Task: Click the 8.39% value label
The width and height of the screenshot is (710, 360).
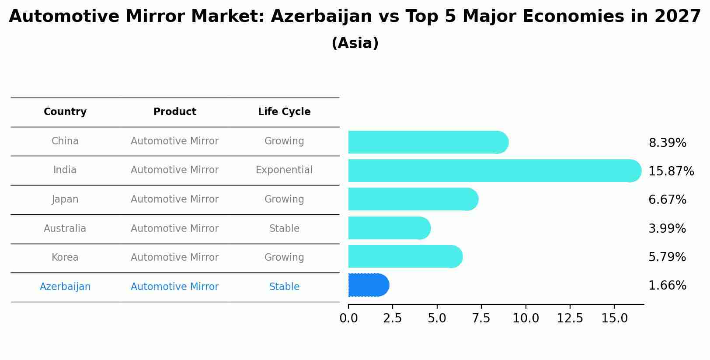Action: (x=667, y=143)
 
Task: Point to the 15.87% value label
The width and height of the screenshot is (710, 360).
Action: (x=671, y=171)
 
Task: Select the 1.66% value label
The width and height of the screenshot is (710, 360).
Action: (x=667, y=286)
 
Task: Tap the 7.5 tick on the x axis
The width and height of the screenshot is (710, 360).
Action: (x=481, y=318)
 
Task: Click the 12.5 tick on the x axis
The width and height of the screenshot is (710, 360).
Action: (x=570, y=318)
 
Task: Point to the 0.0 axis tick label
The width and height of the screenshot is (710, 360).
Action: (x=348, y=318)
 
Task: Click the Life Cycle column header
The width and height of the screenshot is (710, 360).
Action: (x=284, y=112)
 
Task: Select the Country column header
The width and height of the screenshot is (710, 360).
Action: (x=65, y=112)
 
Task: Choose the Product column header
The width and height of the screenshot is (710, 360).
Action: (x=174, y=112)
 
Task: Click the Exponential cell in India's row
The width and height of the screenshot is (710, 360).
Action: (x=284, y=170)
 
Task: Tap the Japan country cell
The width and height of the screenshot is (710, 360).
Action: (x=65, y=199)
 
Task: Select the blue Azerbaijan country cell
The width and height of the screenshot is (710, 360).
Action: (x=65, y=287)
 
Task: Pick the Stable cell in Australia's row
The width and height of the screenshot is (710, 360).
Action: (x=284, y=229)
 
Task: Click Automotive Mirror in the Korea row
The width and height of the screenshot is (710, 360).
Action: (x=174, y=258)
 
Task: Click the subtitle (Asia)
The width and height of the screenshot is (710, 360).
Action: (x=355, y=43)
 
